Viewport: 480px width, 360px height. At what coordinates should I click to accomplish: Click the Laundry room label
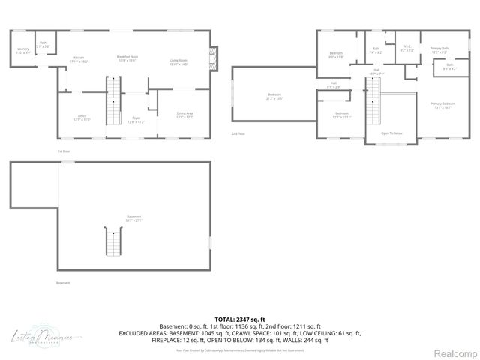(23, 51)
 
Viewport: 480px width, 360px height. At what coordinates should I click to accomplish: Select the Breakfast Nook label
(126, 58)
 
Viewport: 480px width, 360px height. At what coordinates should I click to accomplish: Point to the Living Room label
(178, 61)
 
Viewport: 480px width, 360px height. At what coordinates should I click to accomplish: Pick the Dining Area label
(184, 116)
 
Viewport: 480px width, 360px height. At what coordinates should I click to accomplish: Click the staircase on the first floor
(114, 109)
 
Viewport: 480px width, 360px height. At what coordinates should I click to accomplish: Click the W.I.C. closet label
(406, 49)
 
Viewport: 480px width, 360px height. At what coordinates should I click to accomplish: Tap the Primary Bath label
(439, 50)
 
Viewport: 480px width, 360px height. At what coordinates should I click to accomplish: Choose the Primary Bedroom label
(442, 104)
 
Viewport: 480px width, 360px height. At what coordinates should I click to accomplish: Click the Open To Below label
(391, 133)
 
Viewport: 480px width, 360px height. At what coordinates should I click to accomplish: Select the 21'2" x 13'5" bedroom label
(274, 96)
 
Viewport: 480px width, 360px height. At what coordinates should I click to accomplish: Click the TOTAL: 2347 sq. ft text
(239, 319)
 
